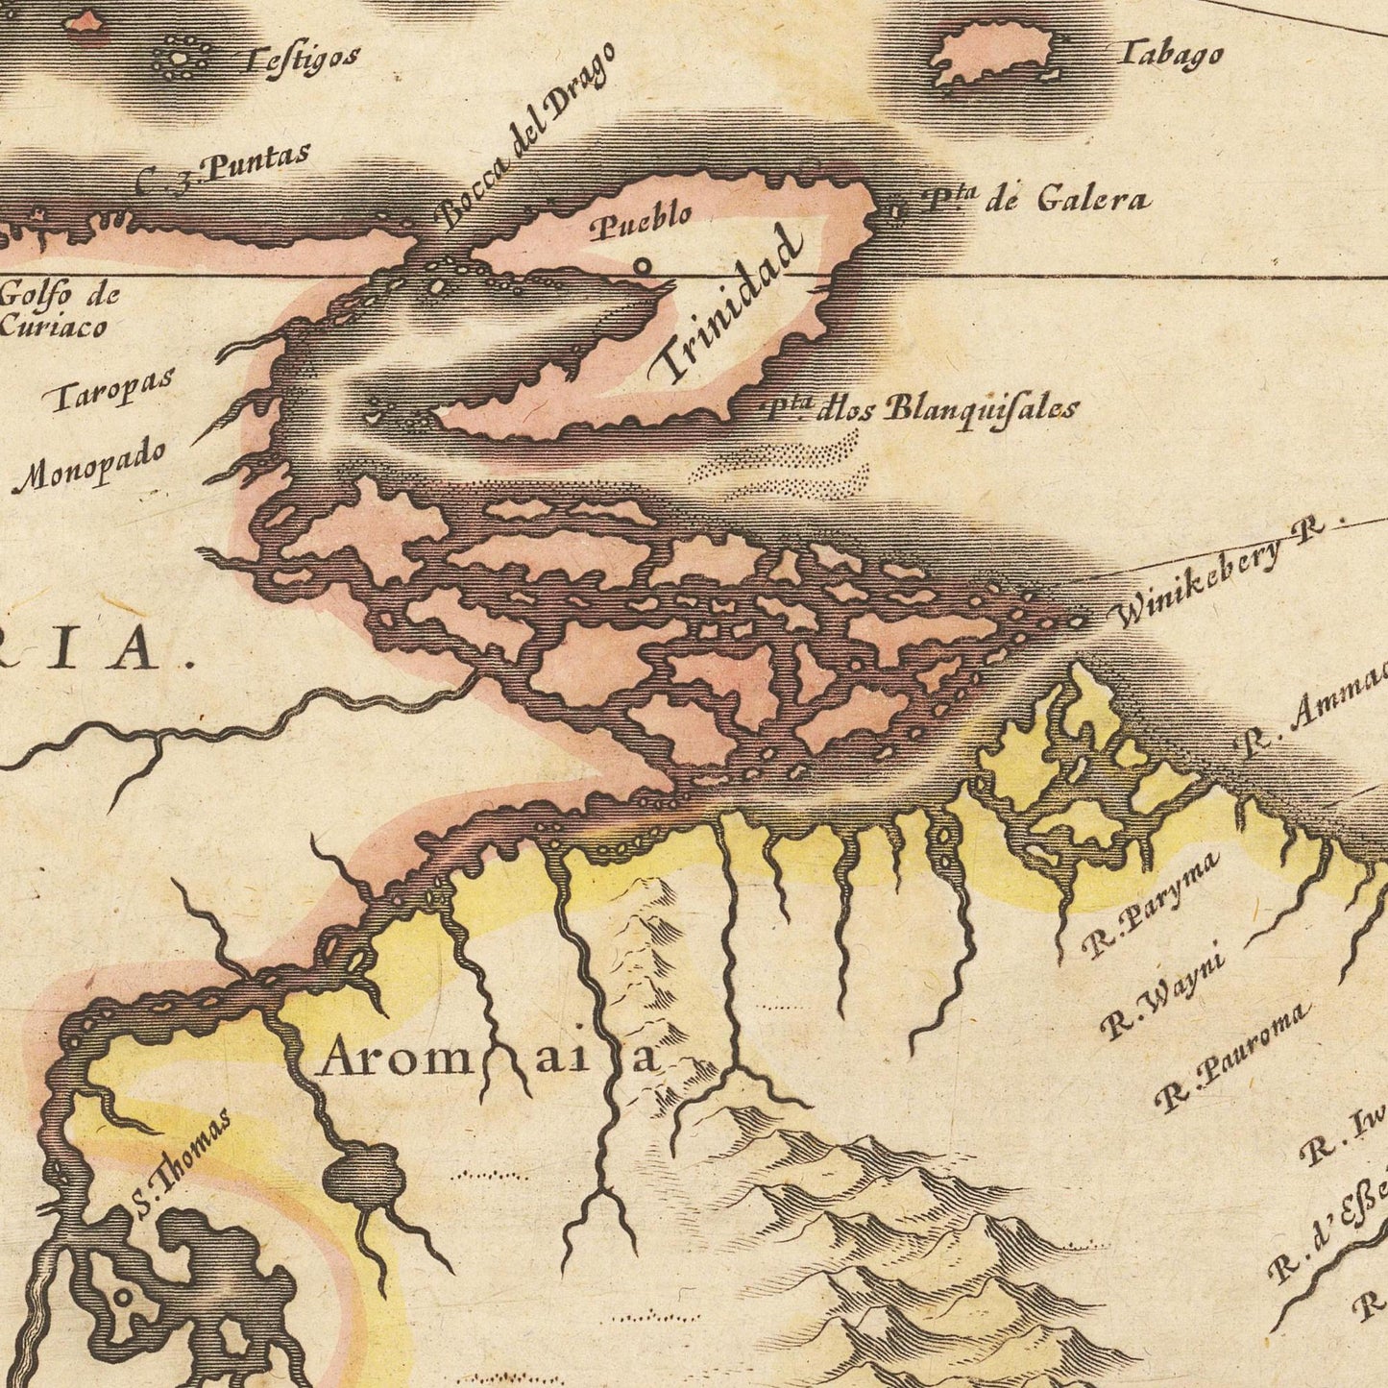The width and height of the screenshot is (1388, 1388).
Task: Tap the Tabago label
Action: (1170, 54)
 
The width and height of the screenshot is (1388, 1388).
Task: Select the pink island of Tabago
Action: (989, 56)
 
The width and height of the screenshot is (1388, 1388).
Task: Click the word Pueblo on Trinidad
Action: (640, 222)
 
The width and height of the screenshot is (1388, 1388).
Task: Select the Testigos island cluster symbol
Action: (180, 60)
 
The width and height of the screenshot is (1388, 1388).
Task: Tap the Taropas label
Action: (112, 387)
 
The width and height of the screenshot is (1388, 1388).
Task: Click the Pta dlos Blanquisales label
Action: (922, 408)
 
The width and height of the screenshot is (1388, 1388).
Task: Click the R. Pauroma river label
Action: (1233, 1056)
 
